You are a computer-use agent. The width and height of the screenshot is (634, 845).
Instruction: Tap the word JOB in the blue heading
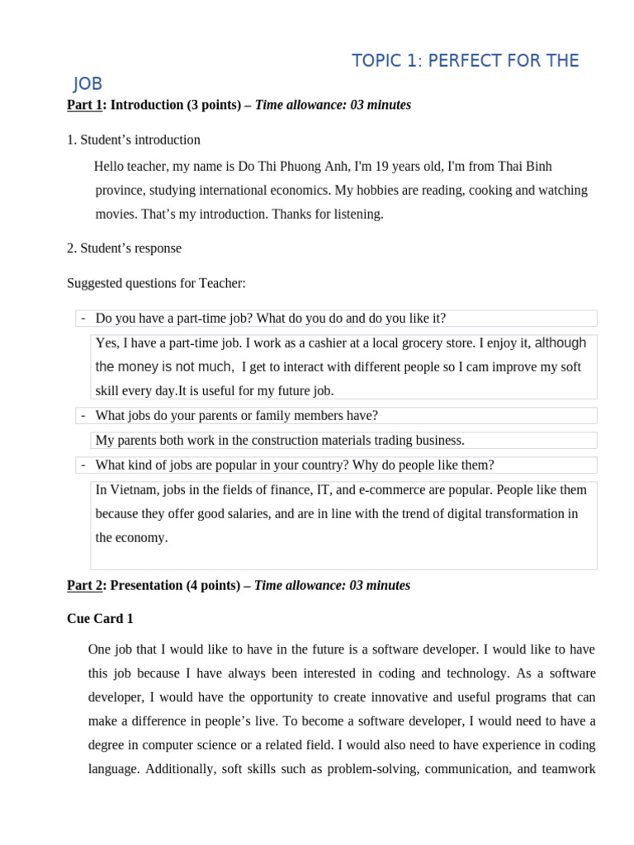coord(88,83)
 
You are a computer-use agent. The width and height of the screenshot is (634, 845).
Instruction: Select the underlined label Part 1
coord(85,105)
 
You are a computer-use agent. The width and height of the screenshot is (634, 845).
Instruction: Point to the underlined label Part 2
coord(85,585)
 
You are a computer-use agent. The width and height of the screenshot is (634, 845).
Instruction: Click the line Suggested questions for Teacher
coord(156,283)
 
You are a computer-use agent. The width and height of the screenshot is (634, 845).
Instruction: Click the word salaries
coord(239,513)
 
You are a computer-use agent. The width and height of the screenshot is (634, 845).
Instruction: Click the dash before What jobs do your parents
coord(83,415)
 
